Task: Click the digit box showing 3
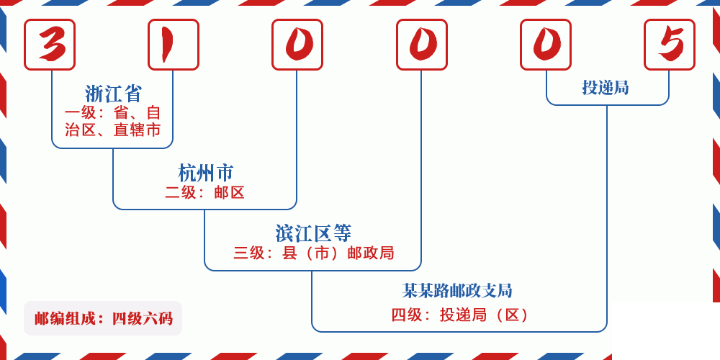pyautogui.click(x=50, y=45)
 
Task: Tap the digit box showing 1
pyautogui.click(x=174, y=45)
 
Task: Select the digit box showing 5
pyautogui.click(x=670, y=45)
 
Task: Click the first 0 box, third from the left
pyautogui.click(x=297, y=45)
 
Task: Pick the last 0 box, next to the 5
pyautogui.click(x=546, y=45)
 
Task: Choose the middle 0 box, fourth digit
pyautogui.click(x=422, y=45)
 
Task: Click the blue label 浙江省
pyautogui.click(x=114, y=94)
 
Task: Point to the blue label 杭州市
pyautogui.click(x=206, y=173)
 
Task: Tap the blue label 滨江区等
pyautogui.click(x=313, y=233)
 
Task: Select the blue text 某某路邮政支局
pyautogui.click(x=457, y=291)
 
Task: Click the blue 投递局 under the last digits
pyautogui.click(x=606, y=88)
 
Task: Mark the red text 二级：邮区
pyautogui.click(x=205, y=192)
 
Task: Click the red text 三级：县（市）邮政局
pyautogui.click(x=313, y=253)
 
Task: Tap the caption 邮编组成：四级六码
pyautogui.click(x=103, y=318)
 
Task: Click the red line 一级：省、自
pyautogui.click(x=113, y=113)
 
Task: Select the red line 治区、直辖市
pyautogui.click(x=113, y=130)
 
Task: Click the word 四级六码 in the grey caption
pyautogui.click(x=142, y=318)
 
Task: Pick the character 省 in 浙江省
pyautogui.click(x=132, y=94)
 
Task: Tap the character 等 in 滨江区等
pyautogui.click(x=343, y=233)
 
